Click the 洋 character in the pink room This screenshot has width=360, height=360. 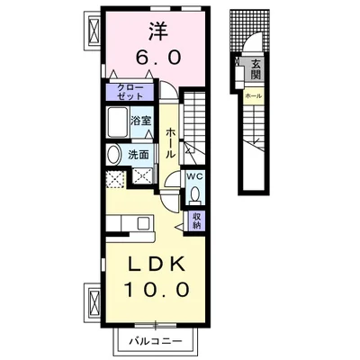point(158,31)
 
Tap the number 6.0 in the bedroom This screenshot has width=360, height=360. point(158,57)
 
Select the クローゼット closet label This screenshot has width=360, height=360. point(130,92)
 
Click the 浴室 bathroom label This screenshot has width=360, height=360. point(140,121)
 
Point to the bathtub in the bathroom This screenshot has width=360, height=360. point(118,121)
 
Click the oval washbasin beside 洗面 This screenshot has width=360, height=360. point(113,154)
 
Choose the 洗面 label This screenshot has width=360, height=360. point(139,155)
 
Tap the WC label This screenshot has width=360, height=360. point(195,176)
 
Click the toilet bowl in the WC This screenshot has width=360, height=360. point(195,194)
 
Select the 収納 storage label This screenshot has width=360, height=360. point(196,220)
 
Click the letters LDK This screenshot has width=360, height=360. point(157,265)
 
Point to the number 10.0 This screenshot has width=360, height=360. point(157,289)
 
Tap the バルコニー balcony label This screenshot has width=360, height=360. point(156,341)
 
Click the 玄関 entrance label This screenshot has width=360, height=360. point(256,68)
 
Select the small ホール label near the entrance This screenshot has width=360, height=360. point(254,96)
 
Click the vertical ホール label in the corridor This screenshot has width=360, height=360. point(170,142)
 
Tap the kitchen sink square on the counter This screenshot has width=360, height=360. point(143,223)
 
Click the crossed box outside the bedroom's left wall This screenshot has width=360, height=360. point(94,31)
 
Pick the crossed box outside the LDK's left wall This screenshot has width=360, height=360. point(94,302)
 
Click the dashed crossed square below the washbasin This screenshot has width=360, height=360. point(115,179)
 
